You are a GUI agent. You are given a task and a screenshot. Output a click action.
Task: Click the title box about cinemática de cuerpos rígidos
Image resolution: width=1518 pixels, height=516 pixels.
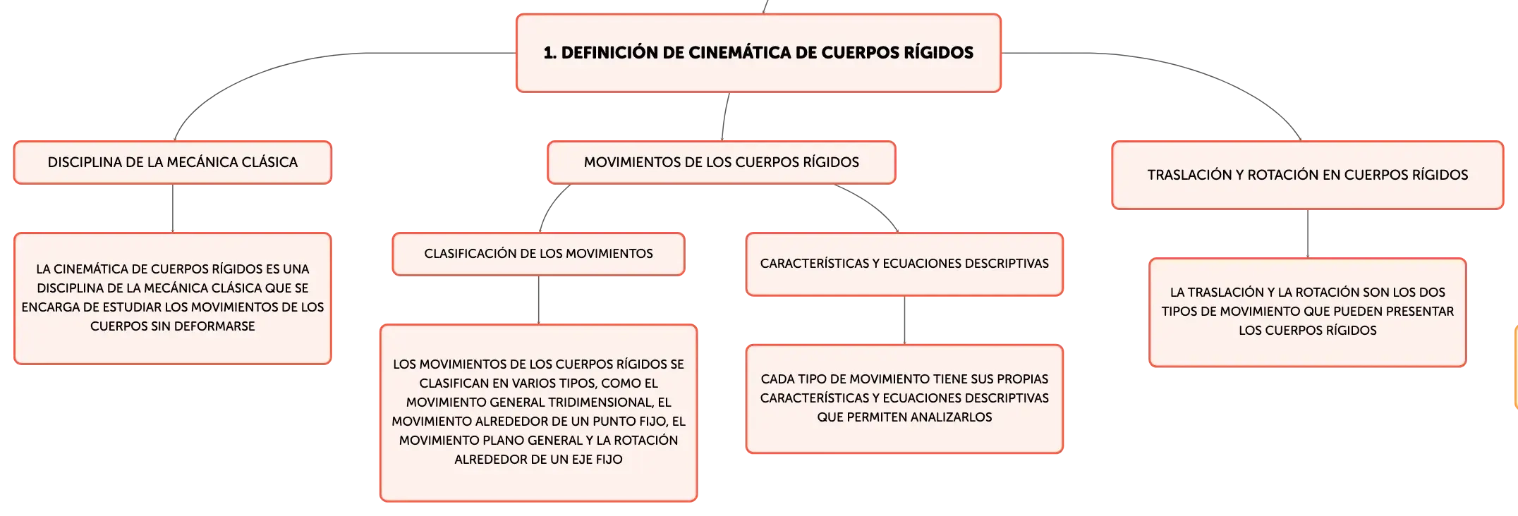(x=758, y=53)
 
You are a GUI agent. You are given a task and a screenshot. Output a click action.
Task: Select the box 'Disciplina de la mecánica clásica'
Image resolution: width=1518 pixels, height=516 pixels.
(x=173, y=162)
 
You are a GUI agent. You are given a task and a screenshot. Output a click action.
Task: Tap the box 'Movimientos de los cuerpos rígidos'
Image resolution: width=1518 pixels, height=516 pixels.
(x=722, y=162)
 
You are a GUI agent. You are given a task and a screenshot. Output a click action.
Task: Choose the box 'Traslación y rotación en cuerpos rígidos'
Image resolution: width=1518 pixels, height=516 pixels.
(x=1308, y=175)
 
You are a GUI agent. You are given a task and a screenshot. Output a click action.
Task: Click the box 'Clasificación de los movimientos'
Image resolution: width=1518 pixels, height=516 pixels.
(x=539, y=254)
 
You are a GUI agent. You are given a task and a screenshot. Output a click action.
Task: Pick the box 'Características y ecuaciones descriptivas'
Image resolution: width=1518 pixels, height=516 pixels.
(x=904, y=264)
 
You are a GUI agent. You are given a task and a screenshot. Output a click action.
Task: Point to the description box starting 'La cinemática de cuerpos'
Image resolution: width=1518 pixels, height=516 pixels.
(x=173, y=298)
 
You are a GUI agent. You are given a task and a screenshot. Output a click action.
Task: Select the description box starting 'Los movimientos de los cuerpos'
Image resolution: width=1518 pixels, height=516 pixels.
(x=539, y=412)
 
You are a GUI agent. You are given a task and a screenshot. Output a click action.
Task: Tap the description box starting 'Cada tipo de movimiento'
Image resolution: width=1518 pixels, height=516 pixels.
(x=904, y=398)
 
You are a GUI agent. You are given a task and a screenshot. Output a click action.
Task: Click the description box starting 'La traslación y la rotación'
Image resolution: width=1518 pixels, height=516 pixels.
(x=1308, y=312)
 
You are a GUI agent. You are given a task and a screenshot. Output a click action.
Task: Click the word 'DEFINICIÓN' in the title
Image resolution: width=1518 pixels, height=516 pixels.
(x=609, y=53)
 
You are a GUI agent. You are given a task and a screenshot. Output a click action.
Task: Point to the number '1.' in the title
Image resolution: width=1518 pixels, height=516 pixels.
(x=550, y=53)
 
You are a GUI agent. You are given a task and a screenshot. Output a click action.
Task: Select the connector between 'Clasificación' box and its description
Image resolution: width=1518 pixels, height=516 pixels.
(x=539, y=300)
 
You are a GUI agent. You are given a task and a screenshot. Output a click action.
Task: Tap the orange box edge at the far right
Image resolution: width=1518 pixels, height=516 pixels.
(x=1516, y=367)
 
